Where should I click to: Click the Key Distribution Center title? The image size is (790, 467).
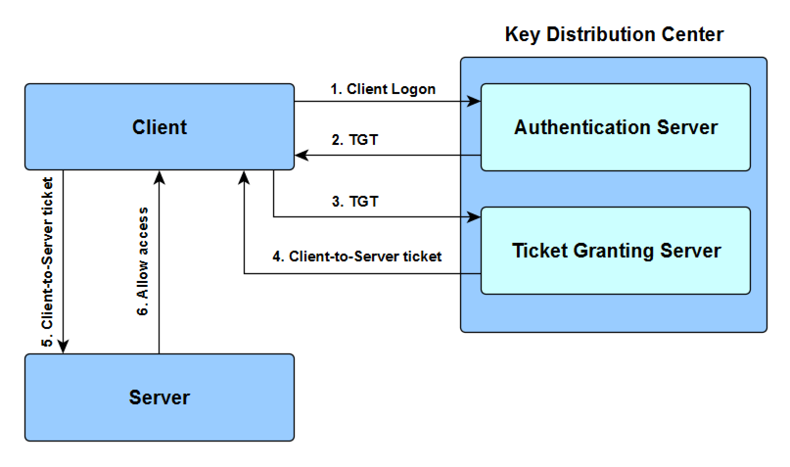coord(614,35)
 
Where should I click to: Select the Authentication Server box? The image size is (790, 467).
coord(616,127)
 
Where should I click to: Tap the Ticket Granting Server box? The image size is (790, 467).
coord(616,251)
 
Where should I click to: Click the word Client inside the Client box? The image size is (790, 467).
coord(160,127)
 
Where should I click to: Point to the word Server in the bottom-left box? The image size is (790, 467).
coord(160,397)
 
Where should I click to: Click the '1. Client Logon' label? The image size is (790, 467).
coord(383,89)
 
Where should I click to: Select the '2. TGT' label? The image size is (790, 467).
coord(355,140)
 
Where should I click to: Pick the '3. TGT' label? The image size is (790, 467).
coord(355,201)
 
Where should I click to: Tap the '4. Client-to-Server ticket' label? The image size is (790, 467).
coord(357,257)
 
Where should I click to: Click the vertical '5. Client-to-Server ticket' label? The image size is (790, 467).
coord(47,262)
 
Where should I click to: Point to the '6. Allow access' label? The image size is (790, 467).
coord(142,261)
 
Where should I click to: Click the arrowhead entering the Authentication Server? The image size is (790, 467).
coord(474,102)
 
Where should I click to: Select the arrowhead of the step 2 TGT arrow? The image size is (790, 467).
coord(302,155)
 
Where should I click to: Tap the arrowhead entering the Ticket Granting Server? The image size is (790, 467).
coord(474,217)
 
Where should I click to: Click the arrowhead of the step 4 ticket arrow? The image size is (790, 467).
coord(244,178)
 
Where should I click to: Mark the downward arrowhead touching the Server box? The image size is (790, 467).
coord(63,347)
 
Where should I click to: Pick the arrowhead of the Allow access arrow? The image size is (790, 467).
coord(160,178)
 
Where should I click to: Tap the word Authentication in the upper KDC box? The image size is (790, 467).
coord(582,127)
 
